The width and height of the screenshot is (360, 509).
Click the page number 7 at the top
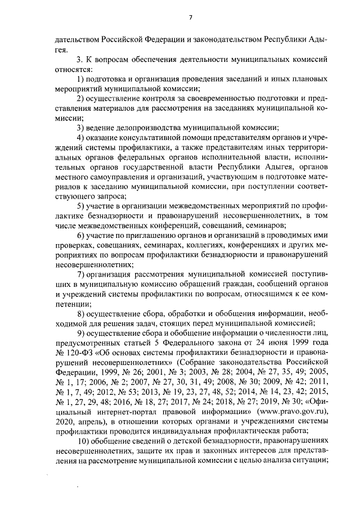[190, 16]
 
